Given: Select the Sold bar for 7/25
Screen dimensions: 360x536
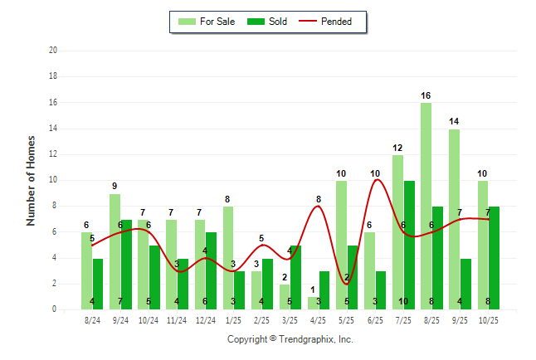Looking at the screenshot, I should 409,245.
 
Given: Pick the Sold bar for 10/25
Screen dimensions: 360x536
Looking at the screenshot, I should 494,257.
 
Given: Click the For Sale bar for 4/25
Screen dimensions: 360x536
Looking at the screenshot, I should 313,303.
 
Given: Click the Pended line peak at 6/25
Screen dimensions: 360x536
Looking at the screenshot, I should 375,180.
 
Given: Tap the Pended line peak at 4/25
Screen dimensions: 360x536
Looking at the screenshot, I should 319,206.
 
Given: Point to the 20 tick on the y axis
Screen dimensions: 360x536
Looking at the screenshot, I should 52,51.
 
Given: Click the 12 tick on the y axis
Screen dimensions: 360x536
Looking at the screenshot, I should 52,154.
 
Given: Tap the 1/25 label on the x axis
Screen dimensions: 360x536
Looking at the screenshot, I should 233,319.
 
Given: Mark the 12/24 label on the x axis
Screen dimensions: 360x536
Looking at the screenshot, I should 205,319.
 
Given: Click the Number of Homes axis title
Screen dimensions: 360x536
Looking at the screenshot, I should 31,180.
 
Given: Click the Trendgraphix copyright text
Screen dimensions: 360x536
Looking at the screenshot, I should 290,339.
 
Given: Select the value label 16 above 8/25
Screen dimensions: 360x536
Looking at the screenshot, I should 426,95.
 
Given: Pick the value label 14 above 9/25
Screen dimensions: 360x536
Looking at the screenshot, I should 454,122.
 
